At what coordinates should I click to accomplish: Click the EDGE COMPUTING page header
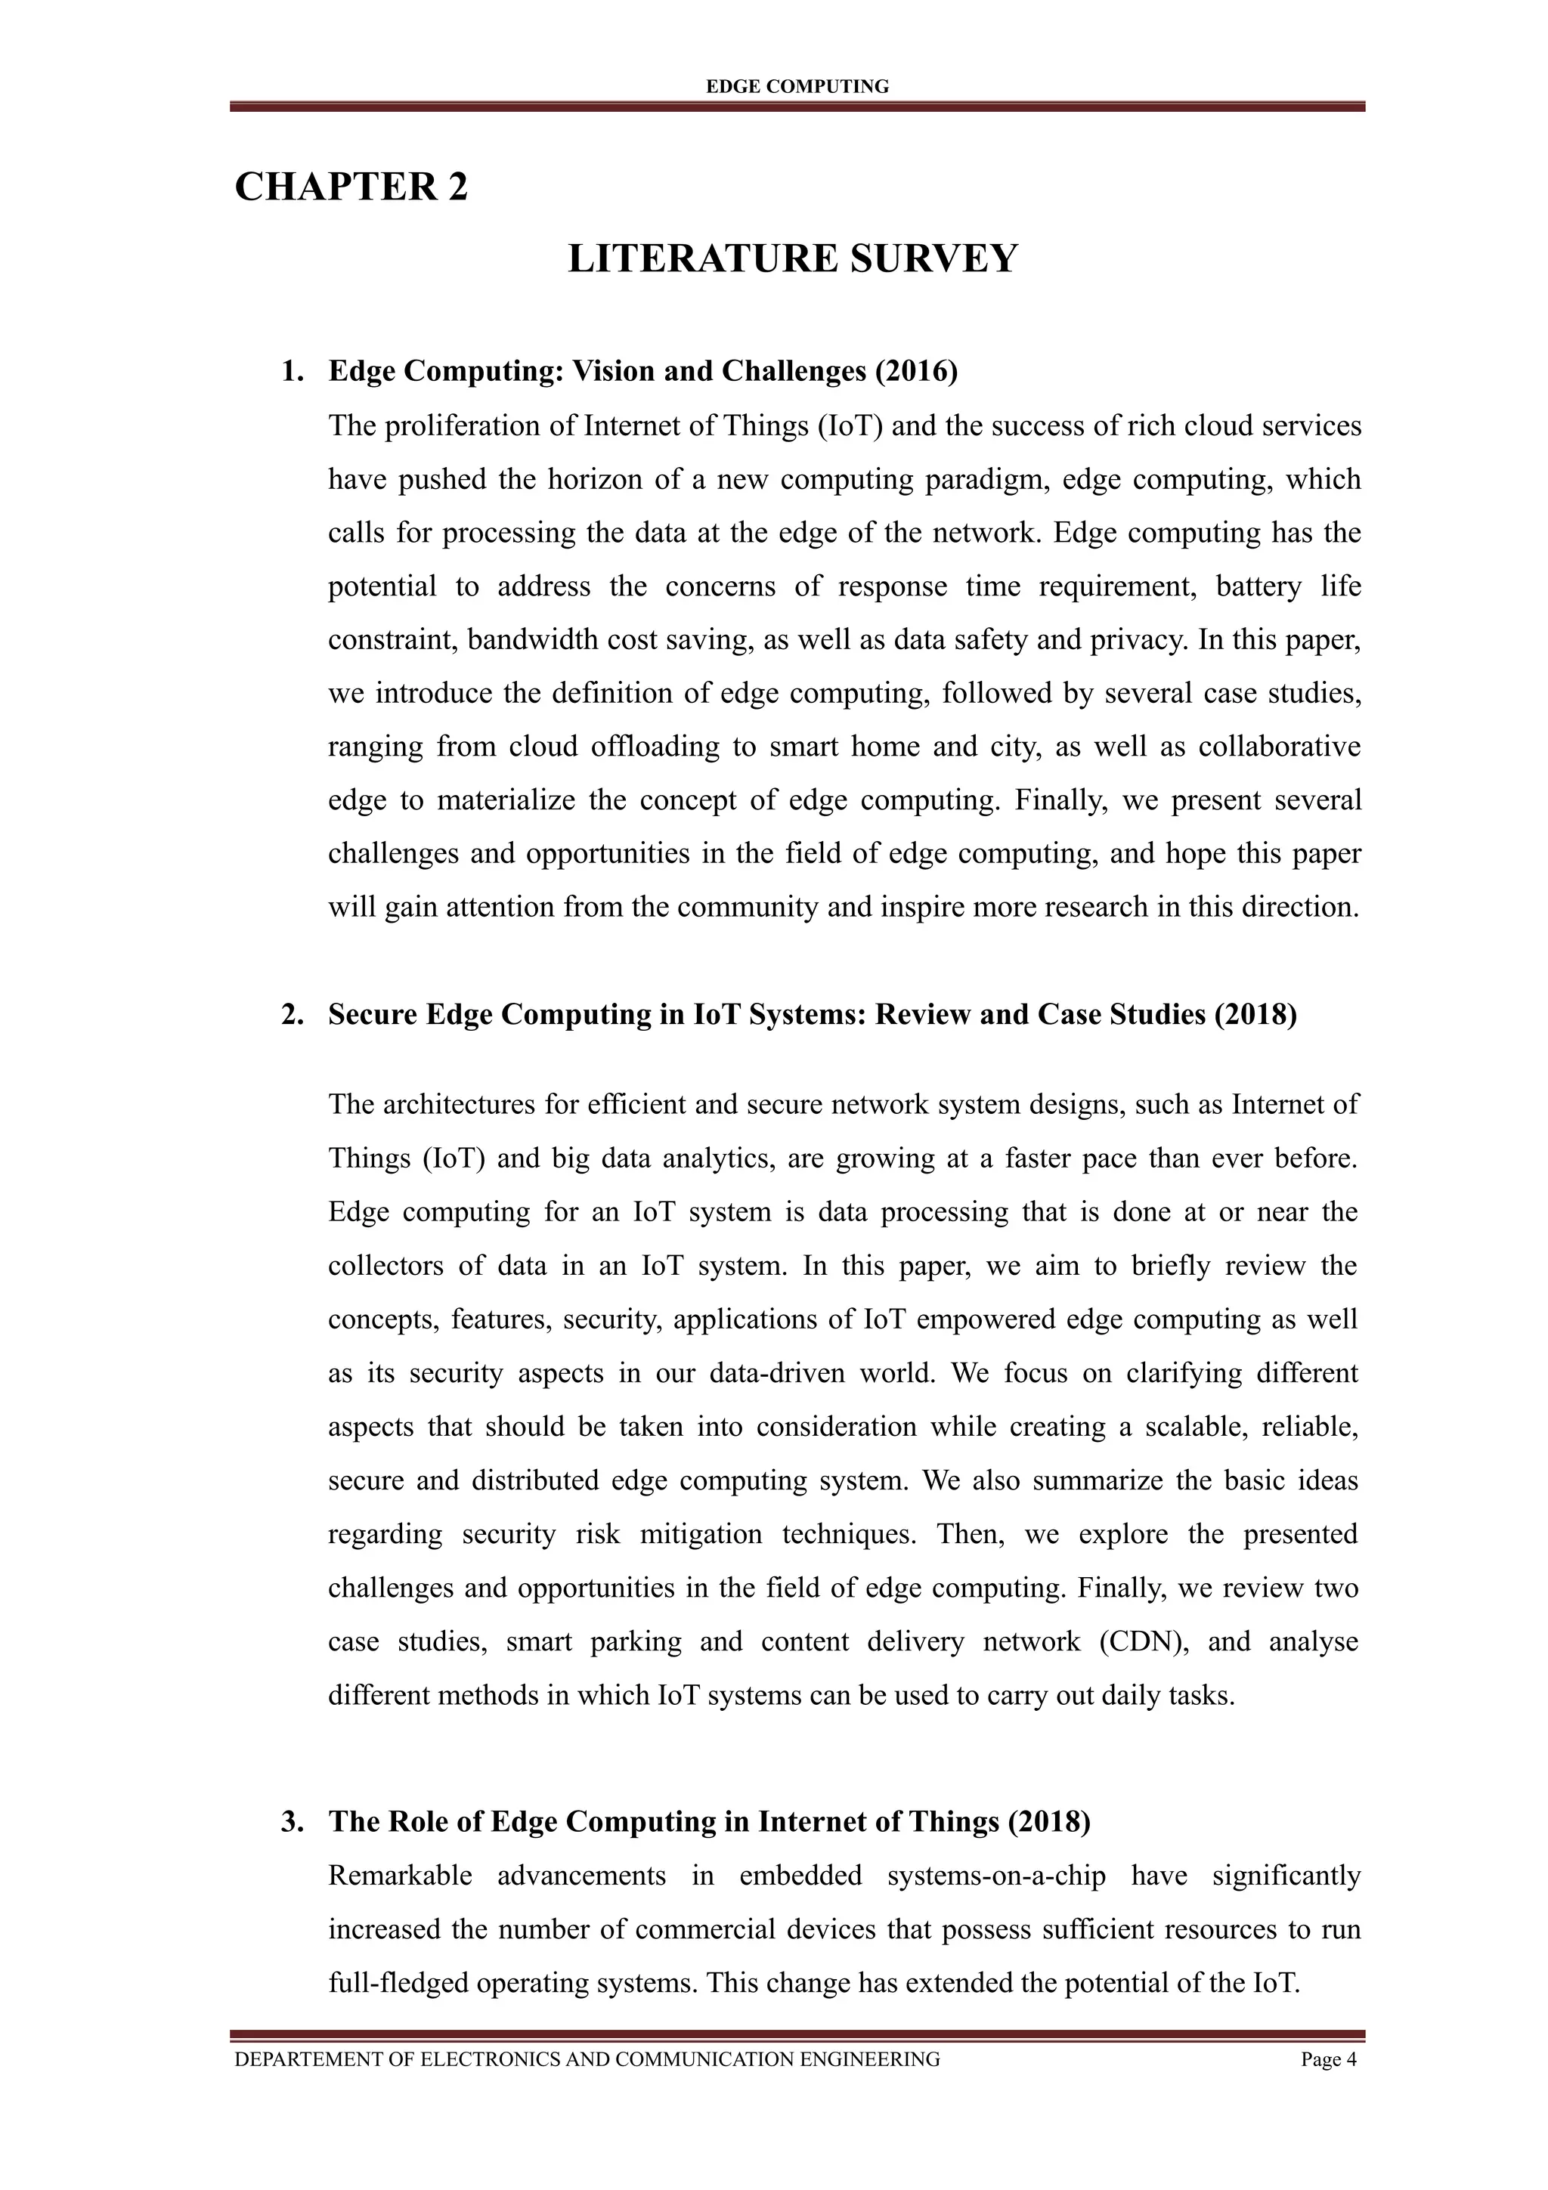click(x=797, y=87)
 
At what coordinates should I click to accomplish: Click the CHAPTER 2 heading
click(x=351, y=187)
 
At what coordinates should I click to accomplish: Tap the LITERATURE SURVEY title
click(x=793, y=259)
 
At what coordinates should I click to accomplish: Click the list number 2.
click(x=292, y=1014)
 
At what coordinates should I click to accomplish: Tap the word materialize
click(x=506, y=800)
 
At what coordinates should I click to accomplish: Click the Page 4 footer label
click(x=1328, y=2059)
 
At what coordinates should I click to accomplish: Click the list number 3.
click(x=292, y=1822)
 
